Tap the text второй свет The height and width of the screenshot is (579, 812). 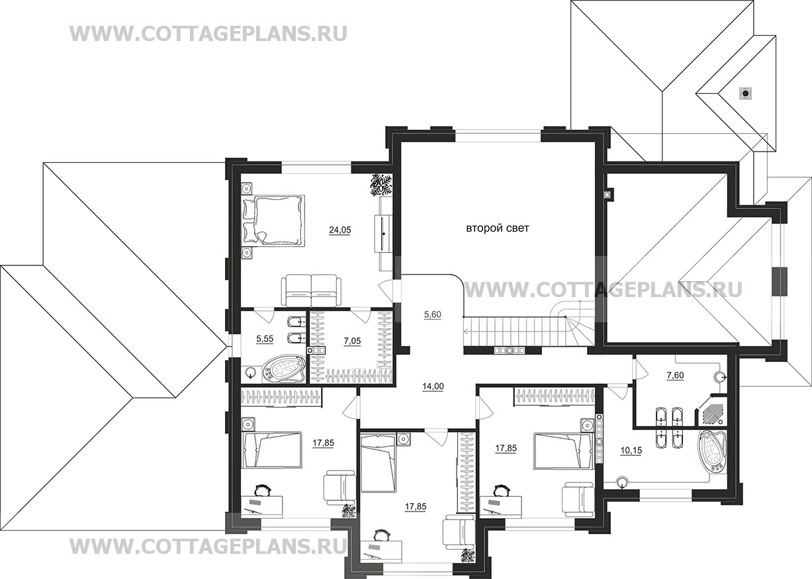498,228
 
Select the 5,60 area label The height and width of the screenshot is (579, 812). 433,314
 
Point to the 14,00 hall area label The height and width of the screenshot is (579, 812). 433,386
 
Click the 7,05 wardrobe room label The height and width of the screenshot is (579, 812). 351,341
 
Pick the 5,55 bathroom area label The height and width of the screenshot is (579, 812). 265,339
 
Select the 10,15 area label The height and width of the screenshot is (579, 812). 631,450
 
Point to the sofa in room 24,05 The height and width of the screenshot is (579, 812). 312,290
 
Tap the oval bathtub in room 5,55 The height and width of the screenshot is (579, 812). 284,370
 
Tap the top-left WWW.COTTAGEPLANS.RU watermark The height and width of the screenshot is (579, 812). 208,34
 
